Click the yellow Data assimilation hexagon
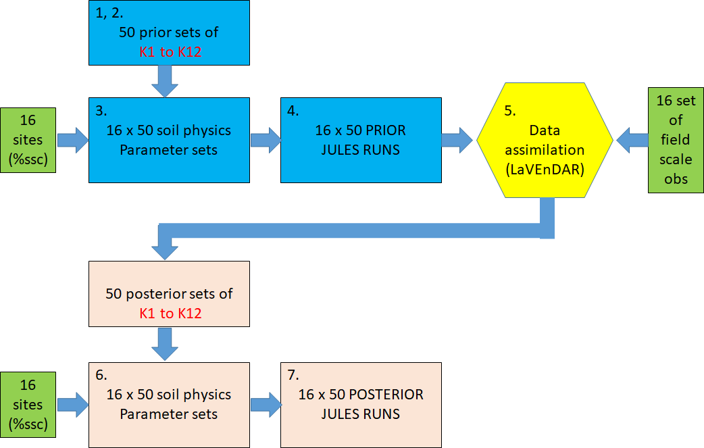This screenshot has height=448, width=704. coord(545,140)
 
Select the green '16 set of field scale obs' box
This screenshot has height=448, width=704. coord(676,140)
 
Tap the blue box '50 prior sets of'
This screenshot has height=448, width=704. coord(169,32)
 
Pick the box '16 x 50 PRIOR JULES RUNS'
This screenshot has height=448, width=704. coord(361,140)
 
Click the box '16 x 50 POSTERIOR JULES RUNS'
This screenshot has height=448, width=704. coord(361,404)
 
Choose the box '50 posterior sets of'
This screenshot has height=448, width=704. coord(169,295)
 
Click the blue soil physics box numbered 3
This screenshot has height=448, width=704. coord(169,140)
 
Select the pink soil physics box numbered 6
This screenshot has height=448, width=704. coord(169,404)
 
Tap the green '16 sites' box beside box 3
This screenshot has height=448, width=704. coord(28,140)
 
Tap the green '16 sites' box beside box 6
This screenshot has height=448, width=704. coord(28,404)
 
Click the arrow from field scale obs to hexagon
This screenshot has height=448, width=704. coord(631,140)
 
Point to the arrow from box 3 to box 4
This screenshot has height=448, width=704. coord(266,140)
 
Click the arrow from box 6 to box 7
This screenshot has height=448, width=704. coord(266,404)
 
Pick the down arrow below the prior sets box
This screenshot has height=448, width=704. coord(165,81)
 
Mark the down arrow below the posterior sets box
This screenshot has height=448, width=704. coord(165,345)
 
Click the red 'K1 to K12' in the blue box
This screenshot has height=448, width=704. coord(170,51)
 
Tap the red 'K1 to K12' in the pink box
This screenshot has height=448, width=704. coord(170,313)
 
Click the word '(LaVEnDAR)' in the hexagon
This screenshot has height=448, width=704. coord(544,170)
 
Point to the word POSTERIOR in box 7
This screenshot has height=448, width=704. coord(384,395)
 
